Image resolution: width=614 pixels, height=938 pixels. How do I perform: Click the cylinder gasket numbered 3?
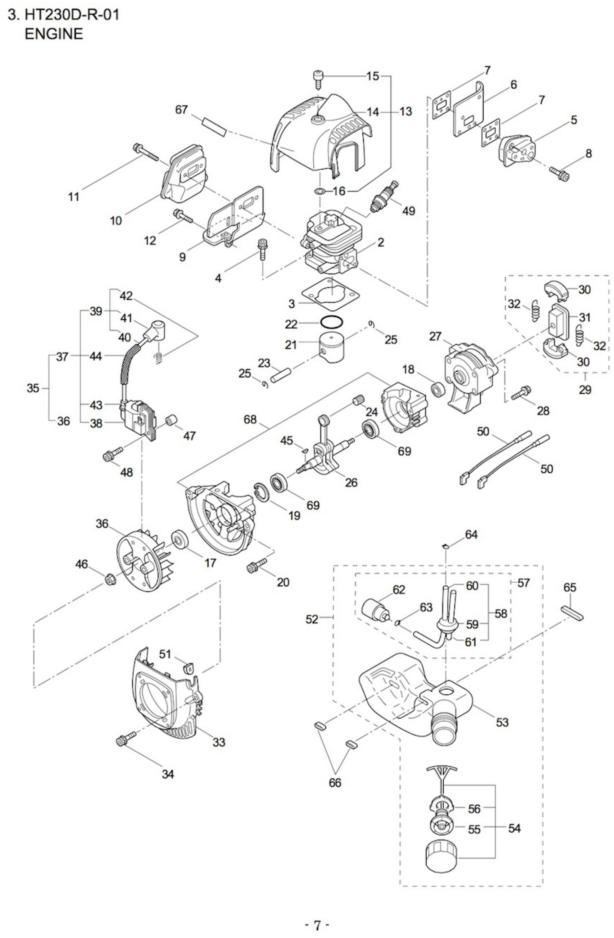coord(331,294)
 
